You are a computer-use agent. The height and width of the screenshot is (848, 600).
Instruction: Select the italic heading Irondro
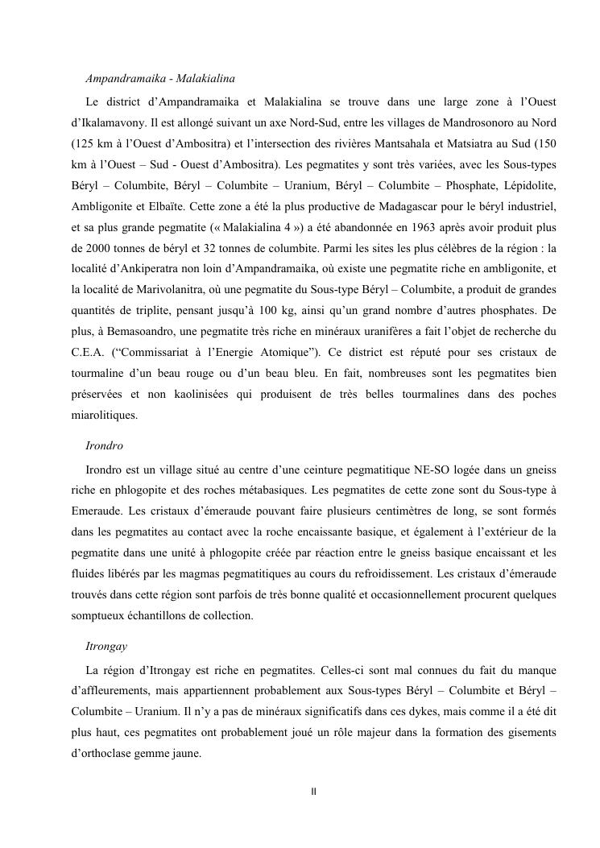click(x=104, y=445)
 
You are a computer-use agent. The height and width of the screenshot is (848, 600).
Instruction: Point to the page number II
click(x=313, y=792)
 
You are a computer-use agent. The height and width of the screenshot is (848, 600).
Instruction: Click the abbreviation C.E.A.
click(x=88, y=354)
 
